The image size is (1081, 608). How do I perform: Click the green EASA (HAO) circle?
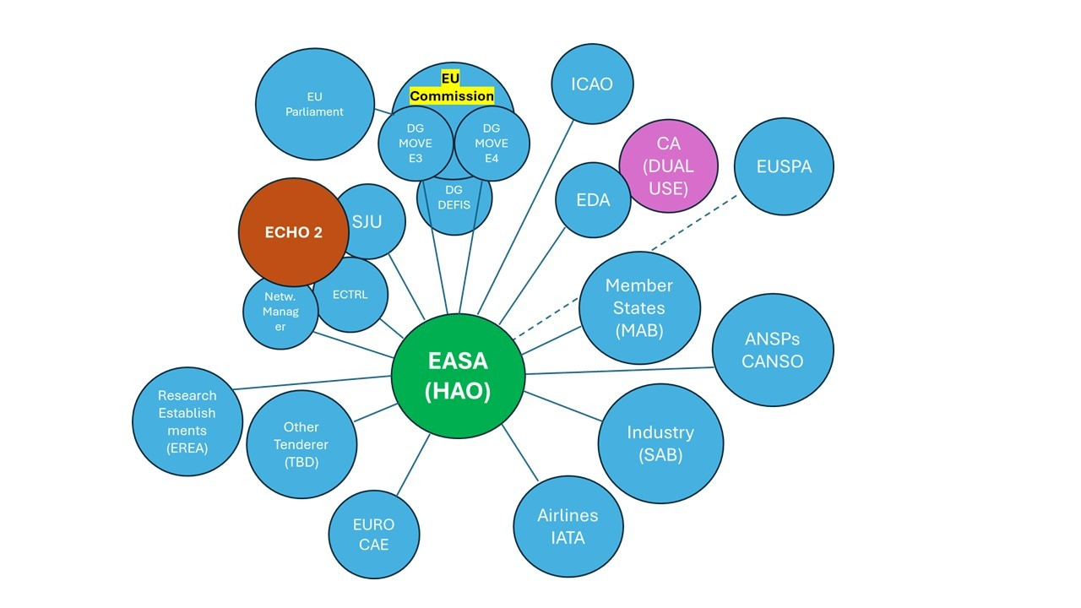pos(458,376)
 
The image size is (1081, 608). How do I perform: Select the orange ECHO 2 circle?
pos(293,232)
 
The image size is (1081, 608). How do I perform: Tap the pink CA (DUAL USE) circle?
pos(668,166)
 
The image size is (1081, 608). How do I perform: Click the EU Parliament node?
pos(314,104)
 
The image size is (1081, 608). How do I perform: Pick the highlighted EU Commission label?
pos(451,87)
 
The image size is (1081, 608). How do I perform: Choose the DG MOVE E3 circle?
pos(415,144)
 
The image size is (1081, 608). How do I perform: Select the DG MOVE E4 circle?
pos(492,144)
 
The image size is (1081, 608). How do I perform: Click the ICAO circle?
pos(591,84)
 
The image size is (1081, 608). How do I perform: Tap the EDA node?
pos(592,200)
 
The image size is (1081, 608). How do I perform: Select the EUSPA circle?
pos(784,166)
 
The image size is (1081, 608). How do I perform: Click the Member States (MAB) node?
pos(639,308)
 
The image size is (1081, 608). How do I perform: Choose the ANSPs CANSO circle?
pos(773,350)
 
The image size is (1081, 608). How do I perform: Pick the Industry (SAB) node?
pos(660,443)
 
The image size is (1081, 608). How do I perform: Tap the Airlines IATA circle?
pos(568,526)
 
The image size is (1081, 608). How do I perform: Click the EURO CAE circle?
pos(373,535)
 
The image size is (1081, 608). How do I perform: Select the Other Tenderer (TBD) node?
pos(301,444)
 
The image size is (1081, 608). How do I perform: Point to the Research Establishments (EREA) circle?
pos(187,421)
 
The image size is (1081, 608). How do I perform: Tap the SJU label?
pos(368,221)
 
